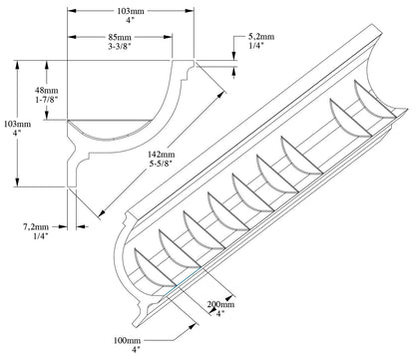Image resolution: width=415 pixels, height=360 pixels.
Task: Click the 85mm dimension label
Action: click(120, 37)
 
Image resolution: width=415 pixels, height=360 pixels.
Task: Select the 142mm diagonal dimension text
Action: click(162, 155)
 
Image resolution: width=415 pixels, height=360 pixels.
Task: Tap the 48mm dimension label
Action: click(47, 90)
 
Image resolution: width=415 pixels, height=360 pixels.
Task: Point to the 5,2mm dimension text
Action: click(261, 37)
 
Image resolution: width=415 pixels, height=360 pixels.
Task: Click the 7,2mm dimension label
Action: click(36, 227)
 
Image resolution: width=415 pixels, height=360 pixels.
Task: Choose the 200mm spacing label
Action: click(220, 304)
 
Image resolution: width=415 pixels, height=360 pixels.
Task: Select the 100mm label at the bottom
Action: click(127, 340)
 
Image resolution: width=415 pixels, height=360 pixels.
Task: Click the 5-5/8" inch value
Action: click(161, 164)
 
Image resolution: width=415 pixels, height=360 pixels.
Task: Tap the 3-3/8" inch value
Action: click(120, 46)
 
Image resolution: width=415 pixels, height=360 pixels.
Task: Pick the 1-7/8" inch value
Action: click(47, 100)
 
